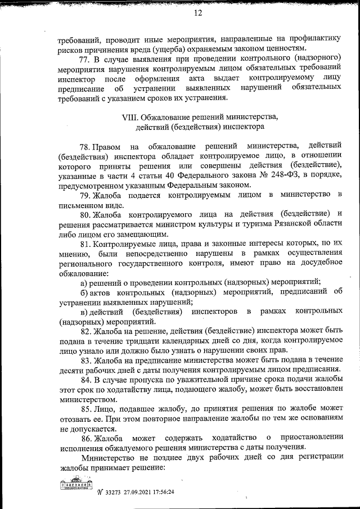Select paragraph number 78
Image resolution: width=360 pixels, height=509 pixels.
(85, 147)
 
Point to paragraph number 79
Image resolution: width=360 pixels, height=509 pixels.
(85, 194)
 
